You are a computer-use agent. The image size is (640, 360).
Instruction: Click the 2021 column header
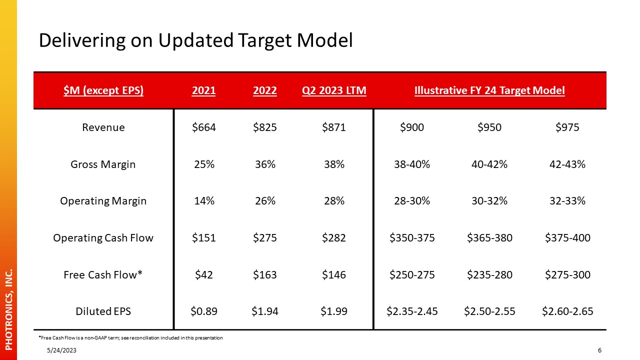(203, 90)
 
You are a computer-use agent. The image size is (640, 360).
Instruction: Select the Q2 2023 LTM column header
(334, 90)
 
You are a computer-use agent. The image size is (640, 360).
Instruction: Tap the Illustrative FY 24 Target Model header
(489, 90)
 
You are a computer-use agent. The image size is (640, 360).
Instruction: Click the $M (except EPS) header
(103, 90)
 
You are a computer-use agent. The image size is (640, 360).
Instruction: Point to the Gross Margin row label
(103, 164)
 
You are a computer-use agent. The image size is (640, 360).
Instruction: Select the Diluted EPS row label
(103, 311)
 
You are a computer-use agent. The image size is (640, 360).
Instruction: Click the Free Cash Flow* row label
(103, 274)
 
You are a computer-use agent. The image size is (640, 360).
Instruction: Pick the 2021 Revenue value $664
(203, 127)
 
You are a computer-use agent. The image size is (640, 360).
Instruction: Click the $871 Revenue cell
(333, 127)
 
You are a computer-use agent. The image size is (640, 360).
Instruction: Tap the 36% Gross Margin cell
(265, 164)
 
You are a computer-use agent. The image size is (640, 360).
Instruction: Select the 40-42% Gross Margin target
(489, 164)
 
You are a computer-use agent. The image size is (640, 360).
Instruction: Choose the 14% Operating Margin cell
(204, 201)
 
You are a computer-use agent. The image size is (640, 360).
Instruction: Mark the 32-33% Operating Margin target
(567, 201)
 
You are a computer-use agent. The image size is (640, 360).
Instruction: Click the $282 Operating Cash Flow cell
(333, 237)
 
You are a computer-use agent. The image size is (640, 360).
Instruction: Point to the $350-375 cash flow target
(412, 237)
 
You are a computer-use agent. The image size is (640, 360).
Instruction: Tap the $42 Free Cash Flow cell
(203, 274)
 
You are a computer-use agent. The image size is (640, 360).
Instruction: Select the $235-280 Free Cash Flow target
(489, 274)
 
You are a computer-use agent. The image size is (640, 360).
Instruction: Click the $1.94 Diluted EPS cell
(265, 311)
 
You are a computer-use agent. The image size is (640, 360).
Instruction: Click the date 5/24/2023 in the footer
(61, 350)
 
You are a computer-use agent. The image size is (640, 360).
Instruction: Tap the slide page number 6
(599, 350)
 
